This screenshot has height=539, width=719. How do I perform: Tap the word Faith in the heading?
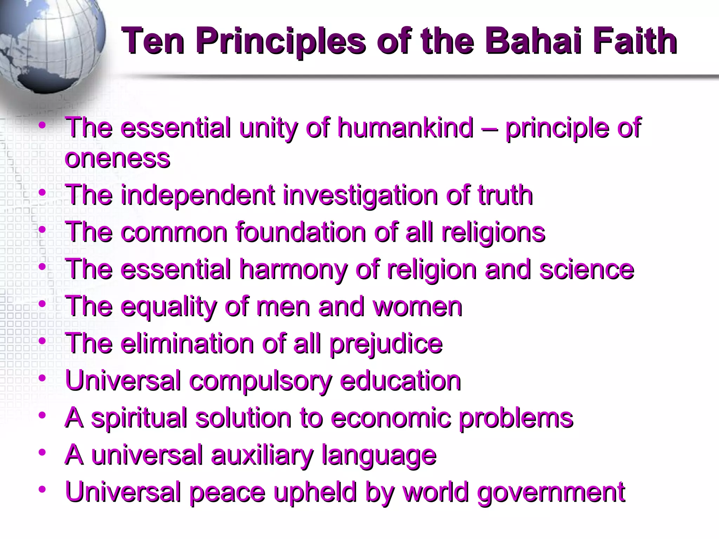click(x=635, y=41)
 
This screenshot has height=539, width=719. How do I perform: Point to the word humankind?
click(x=405, y=128)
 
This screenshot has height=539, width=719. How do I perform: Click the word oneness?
click(x=117, y=159)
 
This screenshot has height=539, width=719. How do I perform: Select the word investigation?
click(x=360, y=196)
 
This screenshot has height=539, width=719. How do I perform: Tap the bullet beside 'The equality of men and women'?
click(x=42, y=304)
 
